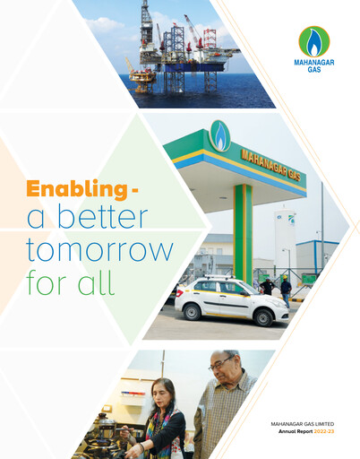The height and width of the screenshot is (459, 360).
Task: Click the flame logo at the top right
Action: (x=313, y=42)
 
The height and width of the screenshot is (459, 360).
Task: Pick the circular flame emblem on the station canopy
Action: (x=219, y=135)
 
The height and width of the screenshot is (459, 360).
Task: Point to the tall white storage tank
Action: (x=285, y=240)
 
